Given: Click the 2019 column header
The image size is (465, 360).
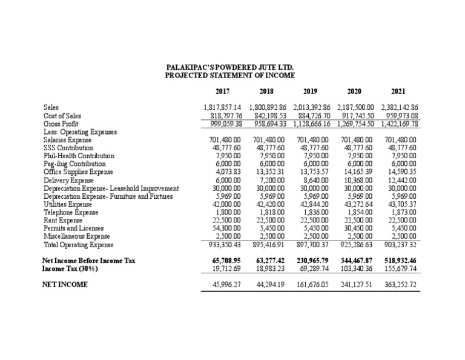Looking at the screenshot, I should tap(310, 92).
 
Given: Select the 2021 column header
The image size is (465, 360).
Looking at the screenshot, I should tap(398, 92).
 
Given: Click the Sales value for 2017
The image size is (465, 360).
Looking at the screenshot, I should tap(222, 107).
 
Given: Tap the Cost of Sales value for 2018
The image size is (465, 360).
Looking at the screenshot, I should tap(267, 115).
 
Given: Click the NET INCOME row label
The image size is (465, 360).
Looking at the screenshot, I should tap(65, 284).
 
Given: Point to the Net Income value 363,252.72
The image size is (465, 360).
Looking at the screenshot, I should tap(400, 284).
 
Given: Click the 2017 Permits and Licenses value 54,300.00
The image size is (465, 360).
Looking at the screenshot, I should tap(222, 228).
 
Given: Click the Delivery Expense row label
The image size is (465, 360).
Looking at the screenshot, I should tap(68, 180).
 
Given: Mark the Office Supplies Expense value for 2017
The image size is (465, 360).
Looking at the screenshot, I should tap(225, 172).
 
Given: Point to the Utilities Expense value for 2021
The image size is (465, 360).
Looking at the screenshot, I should tap(402, 204).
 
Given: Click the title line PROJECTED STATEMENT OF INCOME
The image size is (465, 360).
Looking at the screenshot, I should tap(230, 76).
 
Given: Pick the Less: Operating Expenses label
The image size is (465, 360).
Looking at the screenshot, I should tap(80, 131).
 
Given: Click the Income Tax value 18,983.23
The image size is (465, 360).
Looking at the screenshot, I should tap(268, 268).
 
